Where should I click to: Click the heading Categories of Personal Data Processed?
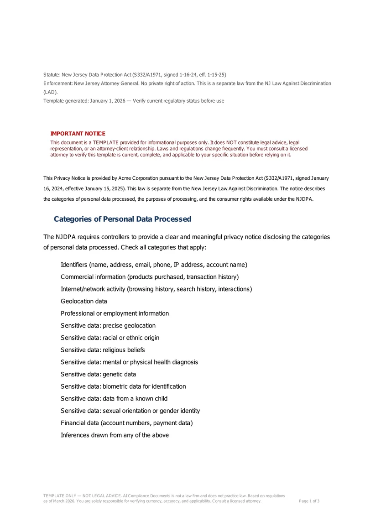pos(122,219)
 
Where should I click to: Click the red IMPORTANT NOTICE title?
pos(78,134)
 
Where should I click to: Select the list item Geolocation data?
pos(84,302)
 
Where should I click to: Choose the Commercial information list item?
pos(150,277)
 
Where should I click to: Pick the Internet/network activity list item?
pos(156,289)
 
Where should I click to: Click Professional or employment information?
pos(115,314)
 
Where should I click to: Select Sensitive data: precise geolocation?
pos(108,326)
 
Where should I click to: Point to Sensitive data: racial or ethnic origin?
pos(110,338)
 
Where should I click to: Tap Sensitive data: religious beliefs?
pos(103,350)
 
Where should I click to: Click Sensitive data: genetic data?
pos(98,375)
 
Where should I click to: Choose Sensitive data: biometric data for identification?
pos(123,387)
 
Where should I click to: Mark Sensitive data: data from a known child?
pos(114,399)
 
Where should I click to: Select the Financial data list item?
pos(126,423)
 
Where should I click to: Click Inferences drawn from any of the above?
pos(115,435)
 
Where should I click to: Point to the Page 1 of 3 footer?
pos(309,501)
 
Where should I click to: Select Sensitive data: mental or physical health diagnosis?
pos(129,362)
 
